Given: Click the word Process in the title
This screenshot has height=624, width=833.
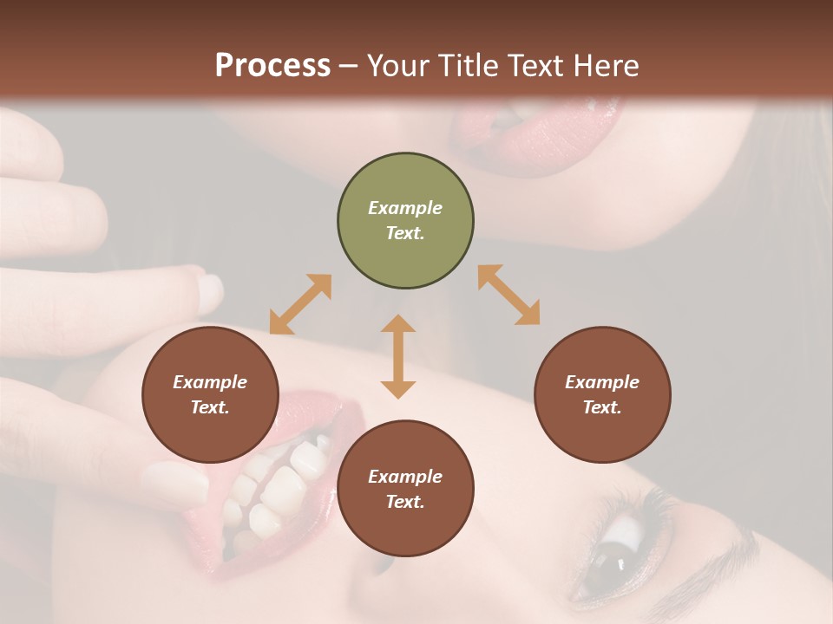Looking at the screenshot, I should pyautogui.click(x=272, y=65).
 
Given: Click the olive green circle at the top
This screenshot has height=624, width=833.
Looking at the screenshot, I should pyautogui.click(x=405, y=221).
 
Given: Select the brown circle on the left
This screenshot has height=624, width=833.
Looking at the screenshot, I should pyautogui.click(x=210, y=395).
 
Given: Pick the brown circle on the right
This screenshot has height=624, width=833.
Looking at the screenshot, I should pyautogui.click(x=602, y=395).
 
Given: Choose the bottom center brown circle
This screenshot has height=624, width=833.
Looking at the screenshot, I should pyautogui.click(x=405, y=489).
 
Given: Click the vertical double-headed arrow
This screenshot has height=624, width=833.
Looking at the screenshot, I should pyautogui.click(x=398, y=356).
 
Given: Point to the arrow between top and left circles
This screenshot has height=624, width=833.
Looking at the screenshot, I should pyautogui.click(x=300, y=304).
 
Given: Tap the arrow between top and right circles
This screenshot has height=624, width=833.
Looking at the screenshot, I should pyautogui.click(x=508, y=295).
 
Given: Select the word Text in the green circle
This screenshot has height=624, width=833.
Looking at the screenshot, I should pyautogui.click(x=404, y=233).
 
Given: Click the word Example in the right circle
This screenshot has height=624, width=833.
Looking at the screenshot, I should pyautogui.click(x=602, y=382).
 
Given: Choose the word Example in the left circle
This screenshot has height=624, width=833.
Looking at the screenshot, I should pyautogui.click(x=210, y=382).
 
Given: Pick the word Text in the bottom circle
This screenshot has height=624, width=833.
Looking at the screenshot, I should pyautogui.click(x=404, y=502).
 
